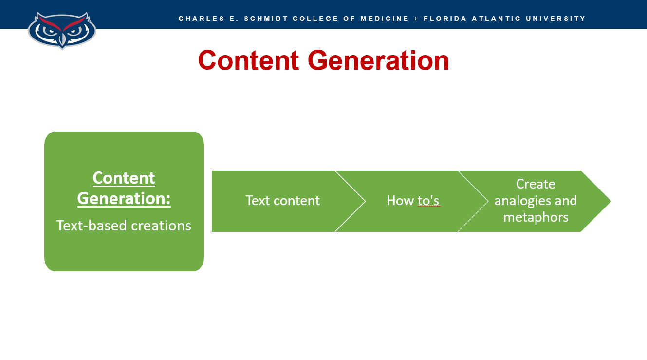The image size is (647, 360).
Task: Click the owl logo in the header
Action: coord(62,30)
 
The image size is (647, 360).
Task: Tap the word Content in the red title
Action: coord(248,60)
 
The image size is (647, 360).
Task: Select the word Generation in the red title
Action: coord(378,60)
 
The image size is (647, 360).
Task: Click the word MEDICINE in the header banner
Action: coord(385,19)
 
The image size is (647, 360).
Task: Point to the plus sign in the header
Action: coord(416,19)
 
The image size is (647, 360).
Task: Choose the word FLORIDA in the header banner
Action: coord(445,19)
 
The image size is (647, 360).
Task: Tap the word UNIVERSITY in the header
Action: coord(556,19)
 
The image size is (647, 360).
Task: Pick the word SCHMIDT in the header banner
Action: coord(266,19)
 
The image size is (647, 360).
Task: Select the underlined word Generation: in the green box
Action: coord(124,198)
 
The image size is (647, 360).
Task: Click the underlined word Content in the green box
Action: coord(124,178)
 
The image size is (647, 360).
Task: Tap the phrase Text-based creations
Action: coord(124,226)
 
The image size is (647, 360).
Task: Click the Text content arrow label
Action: coord(282,201)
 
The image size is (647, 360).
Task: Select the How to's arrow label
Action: coord(413,201)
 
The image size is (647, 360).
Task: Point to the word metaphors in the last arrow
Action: coord(536,218)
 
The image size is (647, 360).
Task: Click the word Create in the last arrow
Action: coord(536,184)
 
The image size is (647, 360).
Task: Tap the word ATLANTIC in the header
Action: coord(496,19)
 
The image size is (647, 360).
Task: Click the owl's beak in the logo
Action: coord(62,40)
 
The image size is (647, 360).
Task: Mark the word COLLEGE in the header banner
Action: coord(315,19)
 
